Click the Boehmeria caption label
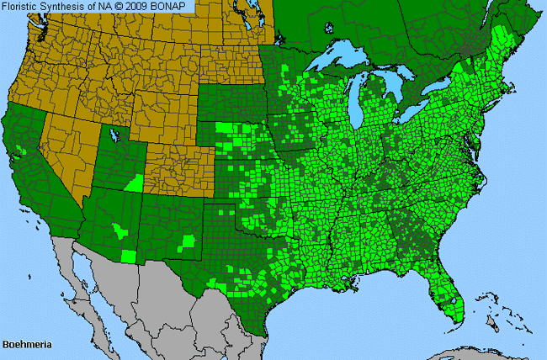23,345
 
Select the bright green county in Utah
134,183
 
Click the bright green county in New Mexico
189,242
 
